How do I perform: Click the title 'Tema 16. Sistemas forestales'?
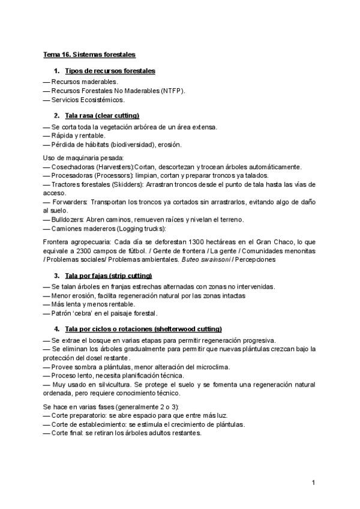(89, 55)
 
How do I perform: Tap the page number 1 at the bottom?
(314, 483)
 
